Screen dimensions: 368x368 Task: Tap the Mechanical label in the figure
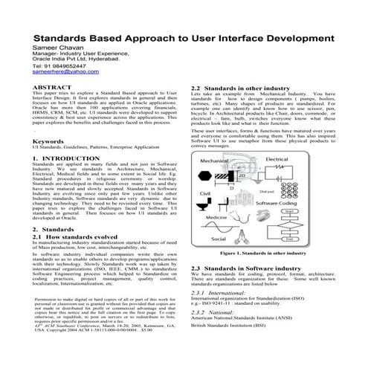[x=215, y=161]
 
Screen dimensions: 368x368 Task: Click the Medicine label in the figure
[x=216, y=217]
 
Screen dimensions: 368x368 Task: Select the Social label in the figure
[x=219, y=239]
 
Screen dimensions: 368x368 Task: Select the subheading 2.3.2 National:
[x=216, y=314]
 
